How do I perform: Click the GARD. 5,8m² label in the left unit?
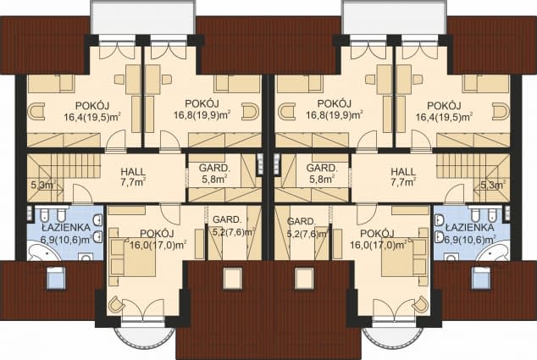pos(213,174)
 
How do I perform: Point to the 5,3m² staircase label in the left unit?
pos(43,186)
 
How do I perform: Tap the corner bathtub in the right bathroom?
pos(492,251)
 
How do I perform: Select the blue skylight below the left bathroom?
pos(56,278)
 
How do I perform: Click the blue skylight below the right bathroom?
pos(481,278)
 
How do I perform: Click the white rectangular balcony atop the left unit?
pos(143,17)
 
